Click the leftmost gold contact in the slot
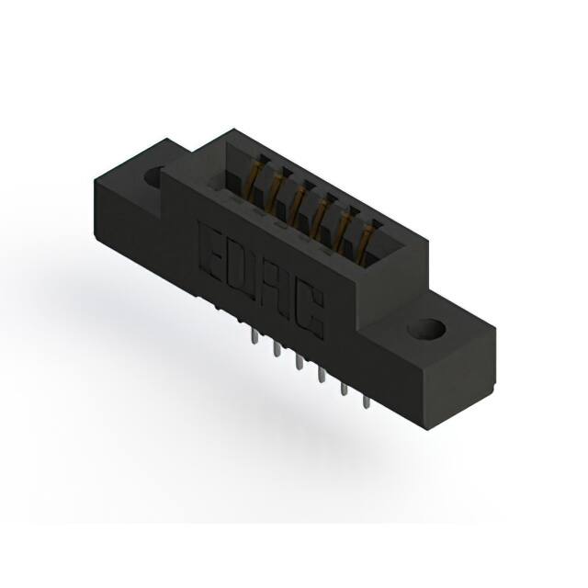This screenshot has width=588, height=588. click(254, 174)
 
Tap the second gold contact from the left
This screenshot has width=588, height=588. click(277, 186)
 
